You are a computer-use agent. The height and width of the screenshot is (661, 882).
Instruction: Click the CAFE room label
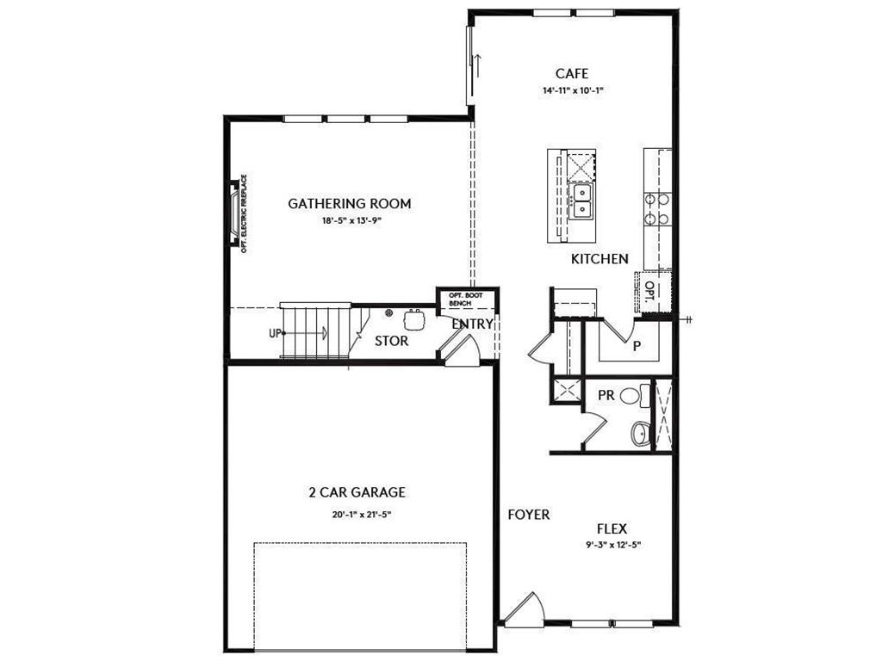(x=572, y=73)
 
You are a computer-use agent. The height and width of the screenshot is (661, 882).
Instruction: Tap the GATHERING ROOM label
(x=349, y=204)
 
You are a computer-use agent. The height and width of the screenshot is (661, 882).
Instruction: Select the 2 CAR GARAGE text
(x=357, y=493)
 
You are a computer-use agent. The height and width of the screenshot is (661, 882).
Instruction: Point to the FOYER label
(x=528, y=515)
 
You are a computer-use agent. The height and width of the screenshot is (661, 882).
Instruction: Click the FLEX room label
(x=612, y=528)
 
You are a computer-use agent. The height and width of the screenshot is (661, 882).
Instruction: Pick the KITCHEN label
(x=599, y=258)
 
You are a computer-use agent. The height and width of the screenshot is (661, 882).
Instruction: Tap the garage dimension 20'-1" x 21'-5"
(x=357, y=514)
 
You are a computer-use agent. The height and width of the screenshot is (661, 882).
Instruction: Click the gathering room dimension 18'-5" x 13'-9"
(x=349, y=221)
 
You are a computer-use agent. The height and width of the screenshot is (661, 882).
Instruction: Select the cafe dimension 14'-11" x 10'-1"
(x=572, y=90)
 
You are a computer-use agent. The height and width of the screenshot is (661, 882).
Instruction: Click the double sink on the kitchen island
(x=582, y=201)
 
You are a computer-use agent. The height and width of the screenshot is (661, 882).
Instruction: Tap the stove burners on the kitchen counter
(x=658, y=208)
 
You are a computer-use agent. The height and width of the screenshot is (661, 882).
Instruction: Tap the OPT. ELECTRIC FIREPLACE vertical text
(x=245, y=213)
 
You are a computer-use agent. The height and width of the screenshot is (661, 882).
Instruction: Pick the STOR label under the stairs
(x=391, y=341)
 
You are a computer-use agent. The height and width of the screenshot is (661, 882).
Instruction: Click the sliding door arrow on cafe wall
(x=475, y=65)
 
